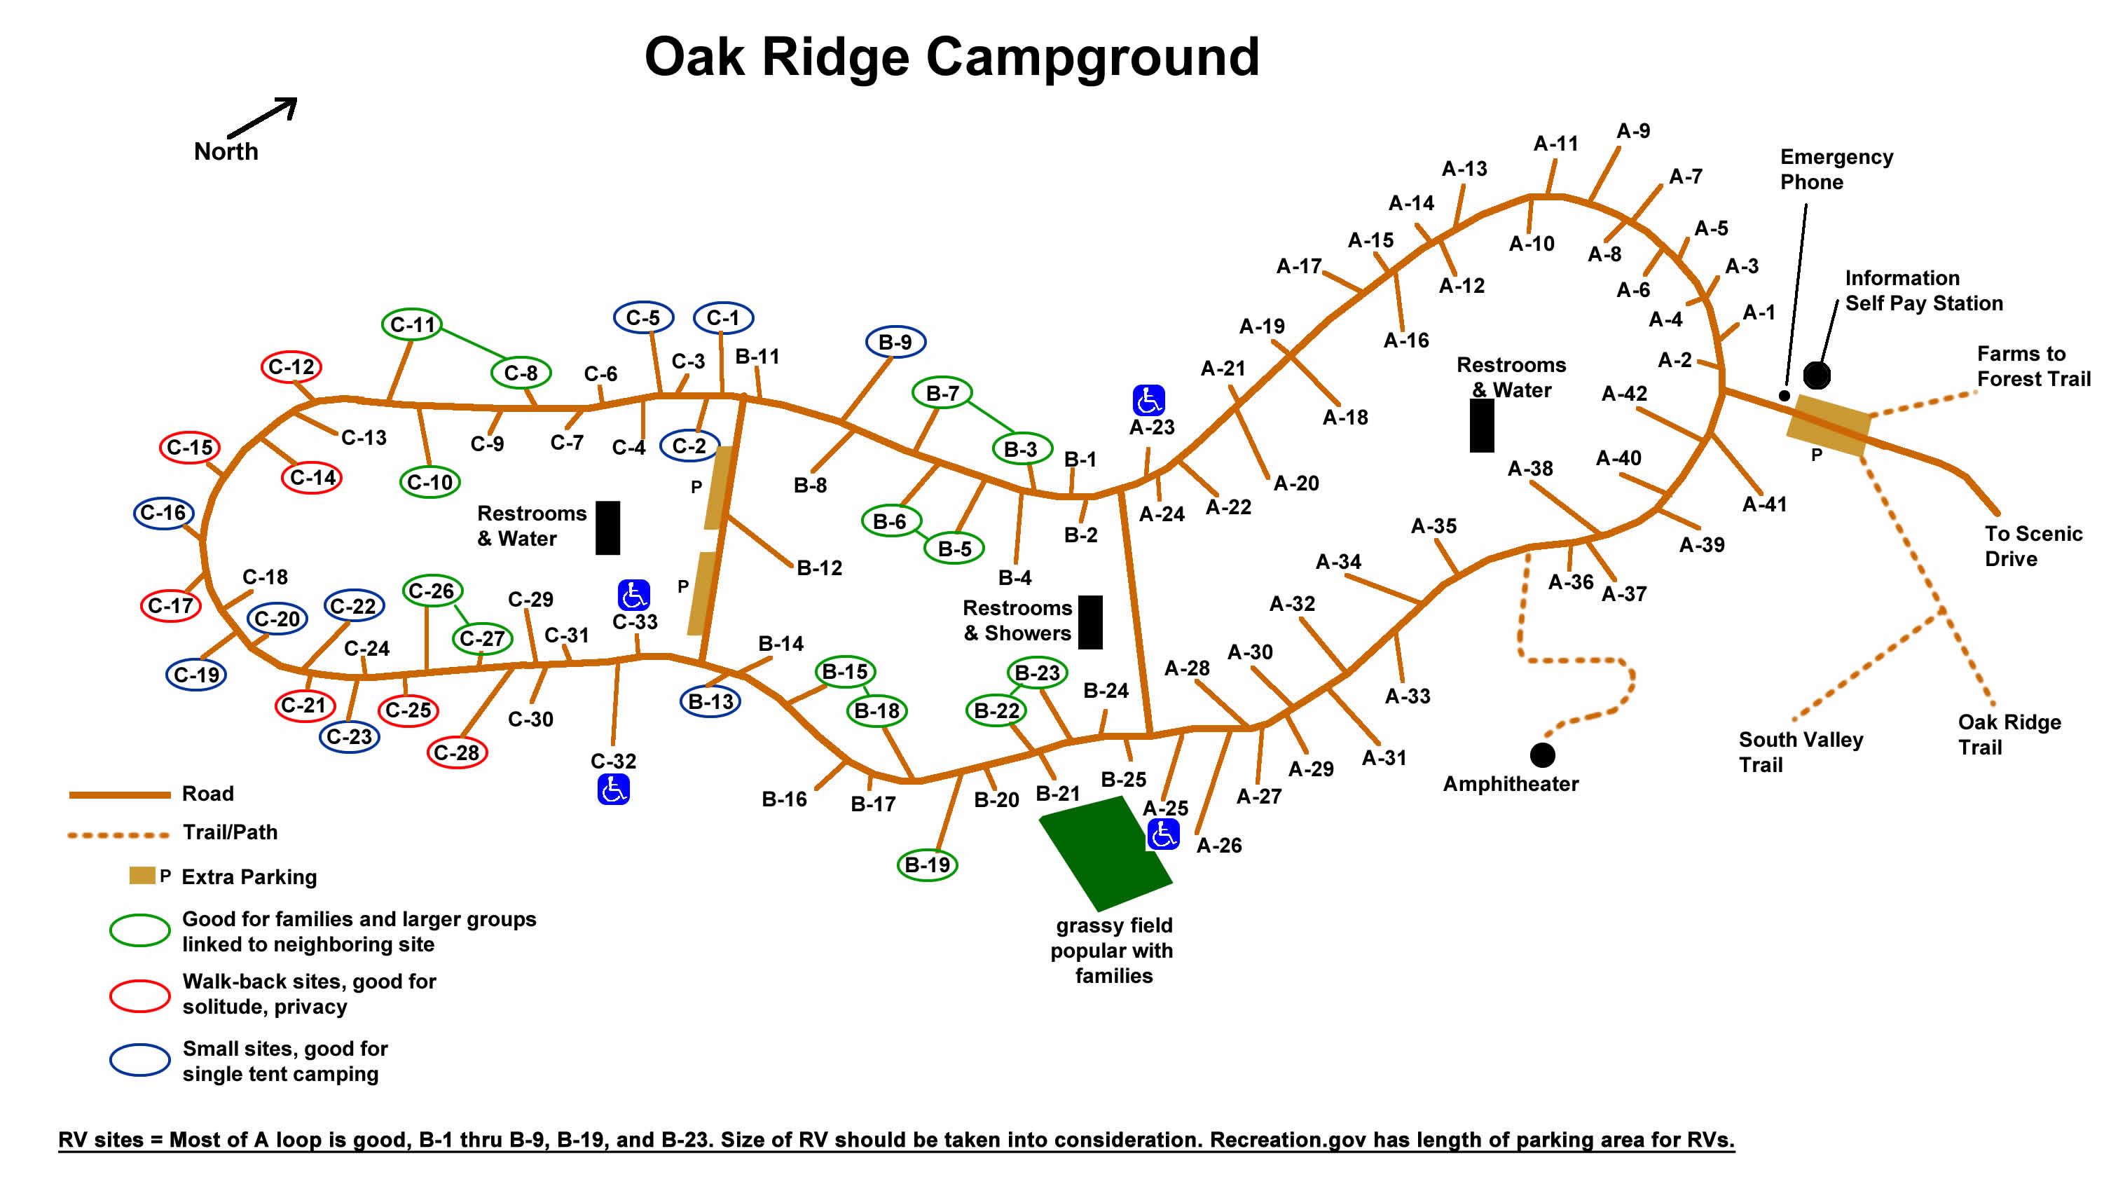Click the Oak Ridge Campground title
pos(951,57)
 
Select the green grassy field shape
pos(1105,853)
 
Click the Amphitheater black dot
pos(1541,754)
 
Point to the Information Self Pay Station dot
pos(1816,376)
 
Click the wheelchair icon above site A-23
pos(1148,401)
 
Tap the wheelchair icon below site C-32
pos(613,790)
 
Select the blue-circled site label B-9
pos(895,342)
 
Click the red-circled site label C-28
pos(456,752)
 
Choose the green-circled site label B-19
pos(927,865)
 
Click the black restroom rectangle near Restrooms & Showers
pos(1090,622)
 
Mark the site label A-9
pos(1632,131)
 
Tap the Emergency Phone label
pos(1836,169)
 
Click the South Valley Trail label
pos(1801,752)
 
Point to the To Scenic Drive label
pos(2033,546)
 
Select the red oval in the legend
pos(140,996)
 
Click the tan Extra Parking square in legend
pos(142,876)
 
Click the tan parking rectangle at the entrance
pos(1828,425)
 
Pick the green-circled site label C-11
pos(412,324)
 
